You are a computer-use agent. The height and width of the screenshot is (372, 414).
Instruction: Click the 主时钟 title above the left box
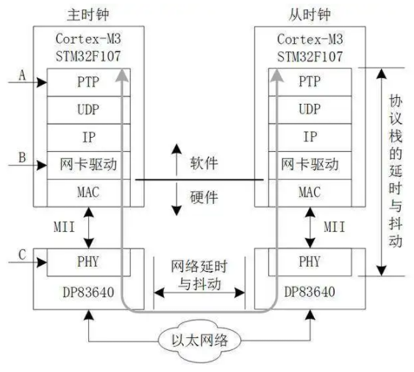(88, 15)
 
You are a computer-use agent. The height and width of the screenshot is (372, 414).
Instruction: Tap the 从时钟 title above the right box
(310, 15)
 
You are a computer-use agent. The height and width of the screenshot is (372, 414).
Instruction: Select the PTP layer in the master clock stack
(88, 82)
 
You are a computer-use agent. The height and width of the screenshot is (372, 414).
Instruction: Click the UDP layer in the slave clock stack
(310, 110)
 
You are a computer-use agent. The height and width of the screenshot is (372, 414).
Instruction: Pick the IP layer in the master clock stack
(88, 138)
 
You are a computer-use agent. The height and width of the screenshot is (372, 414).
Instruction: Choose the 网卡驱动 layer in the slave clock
(310, 165)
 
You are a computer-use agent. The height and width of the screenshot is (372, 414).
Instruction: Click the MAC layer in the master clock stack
(88, 192)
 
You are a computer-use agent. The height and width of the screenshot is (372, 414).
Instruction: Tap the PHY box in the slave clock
(310, 262)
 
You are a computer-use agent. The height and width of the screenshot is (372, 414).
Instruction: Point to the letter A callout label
(23, 75)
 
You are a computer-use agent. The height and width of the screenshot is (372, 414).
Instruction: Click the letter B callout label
(23, 157)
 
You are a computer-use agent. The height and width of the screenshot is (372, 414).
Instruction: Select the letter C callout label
(23, 255)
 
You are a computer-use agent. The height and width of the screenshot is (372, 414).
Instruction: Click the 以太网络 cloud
(199, 340)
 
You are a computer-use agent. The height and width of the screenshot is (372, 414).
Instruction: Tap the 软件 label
(204, 163)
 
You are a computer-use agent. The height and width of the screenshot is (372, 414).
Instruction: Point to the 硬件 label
(204, 197)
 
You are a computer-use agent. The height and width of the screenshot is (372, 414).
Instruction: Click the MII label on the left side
(64, 227)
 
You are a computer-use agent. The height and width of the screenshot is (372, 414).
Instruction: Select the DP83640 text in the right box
(310, 292)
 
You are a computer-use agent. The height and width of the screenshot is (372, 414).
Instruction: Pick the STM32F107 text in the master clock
(88, 57)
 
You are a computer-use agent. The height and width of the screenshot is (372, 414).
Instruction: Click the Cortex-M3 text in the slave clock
(310, 40)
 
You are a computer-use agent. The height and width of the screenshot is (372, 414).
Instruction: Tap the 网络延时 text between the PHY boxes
(199, 266)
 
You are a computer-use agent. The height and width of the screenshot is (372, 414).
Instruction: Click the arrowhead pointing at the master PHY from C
(42, 262)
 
